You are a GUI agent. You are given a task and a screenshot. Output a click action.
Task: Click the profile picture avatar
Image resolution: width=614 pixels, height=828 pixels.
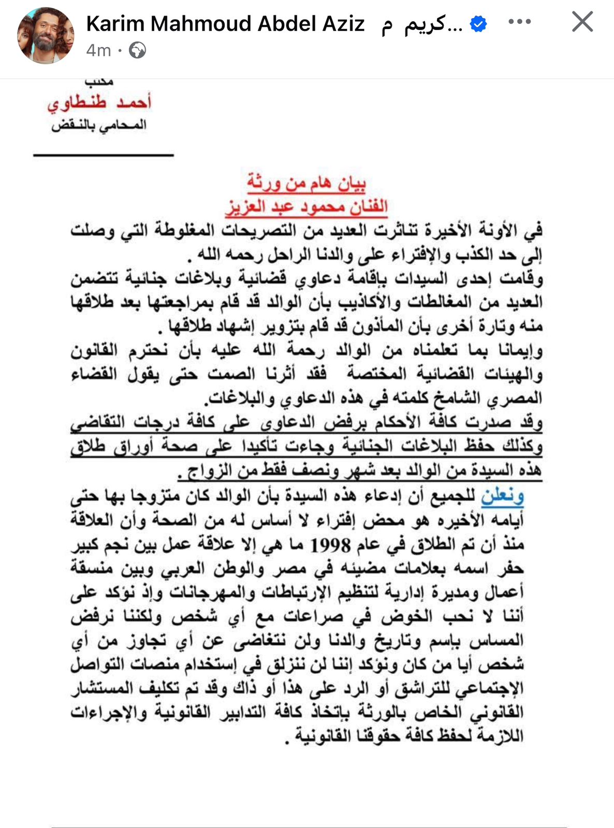coord(46,36)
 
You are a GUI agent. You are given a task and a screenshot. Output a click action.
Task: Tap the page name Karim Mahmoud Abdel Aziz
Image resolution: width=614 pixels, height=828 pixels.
coord(225,24)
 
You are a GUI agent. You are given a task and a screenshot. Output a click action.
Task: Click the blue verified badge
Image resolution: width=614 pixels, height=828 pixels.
coord(478,23)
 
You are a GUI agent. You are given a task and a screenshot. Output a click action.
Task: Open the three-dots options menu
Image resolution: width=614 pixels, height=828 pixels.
coord(519,22)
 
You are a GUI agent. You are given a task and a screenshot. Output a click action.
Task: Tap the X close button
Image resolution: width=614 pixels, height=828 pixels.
coord(582,22)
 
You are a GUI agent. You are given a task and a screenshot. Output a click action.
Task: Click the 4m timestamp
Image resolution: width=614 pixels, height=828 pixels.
coord(98,51)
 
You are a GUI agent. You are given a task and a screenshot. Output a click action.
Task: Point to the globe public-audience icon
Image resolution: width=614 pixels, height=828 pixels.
coord(137,51)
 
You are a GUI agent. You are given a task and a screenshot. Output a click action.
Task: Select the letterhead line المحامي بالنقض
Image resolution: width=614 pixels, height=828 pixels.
coord(99,125)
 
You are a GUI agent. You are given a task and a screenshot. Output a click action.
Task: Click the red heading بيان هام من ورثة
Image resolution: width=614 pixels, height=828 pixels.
coord(306,183)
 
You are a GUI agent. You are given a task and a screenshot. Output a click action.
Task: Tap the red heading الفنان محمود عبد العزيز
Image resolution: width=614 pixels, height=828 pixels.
coord(306,206)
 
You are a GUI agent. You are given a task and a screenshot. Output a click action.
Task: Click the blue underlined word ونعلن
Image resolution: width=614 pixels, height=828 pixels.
coord(502,496)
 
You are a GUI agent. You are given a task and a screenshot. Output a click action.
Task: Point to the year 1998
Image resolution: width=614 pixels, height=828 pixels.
coord(330,545)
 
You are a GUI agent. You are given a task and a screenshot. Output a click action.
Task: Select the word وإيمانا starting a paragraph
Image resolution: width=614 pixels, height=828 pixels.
coord(520,351)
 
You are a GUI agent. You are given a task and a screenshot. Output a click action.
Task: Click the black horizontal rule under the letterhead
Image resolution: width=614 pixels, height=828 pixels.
coord(104,154)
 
